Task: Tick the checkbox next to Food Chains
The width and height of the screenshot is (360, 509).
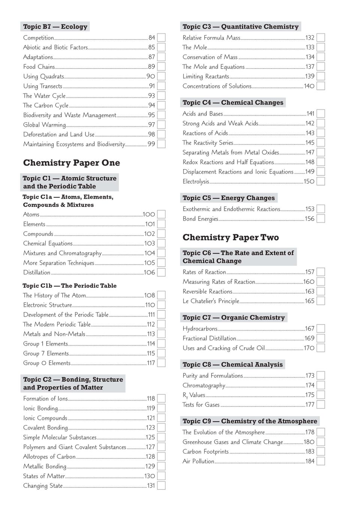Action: (x=161, y=67)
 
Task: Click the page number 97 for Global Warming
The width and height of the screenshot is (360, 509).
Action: (x=151, y=125)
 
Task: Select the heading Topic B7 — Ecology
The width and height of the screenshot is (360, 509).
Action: (x=55, y=27)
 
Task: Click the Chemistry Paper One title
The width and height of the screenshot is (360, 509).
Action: (x=72, y=163)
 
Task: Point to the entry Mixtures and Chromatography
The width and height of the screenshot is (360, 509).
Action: (x=62, y=253)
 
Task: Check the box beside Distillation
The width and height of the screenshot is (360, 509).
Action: (x=161, y=272)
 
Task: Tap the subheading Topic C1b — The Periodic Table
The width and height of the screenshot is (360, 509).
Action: (x=70, y=286)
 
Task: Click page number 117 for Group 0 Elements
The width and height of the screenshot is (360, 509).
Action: (x=151, y=363)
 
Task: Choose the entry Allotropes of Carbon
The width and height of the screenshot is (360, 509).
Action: (x=49, y=457)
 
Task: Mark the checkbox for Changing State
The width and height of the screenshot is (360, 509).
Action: (x=161, y=486)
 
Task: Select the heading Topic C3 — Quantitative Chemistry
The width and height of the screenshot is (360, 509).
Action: (x=240, y=27)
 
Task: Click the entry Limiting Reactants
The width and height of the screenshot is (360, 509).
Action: (x=206, y=76)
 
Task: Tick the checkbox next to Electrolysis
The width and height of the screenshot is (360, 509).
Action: (x=321, y=182)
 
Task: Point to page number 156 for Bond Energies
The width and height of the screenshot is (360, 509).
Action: (x=309, y=219)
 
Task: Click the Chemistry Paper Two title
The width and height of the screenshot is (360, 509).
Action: (x=230, y=238)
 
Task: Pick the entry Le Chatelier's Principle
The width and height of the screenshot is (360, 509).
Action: (x=211, y=301)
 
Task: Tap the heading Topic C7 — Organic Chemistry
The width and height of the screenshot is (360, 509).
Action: (x=234, y=317)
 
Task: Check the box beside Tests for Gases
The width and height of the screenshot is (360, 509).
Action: (x=321, y=405)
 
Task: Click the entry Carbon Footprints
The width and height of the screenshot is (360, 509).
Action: (x=206, y=452)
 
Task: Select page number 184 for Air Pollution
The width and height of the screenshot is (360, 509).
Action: (x=310, y=461)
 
